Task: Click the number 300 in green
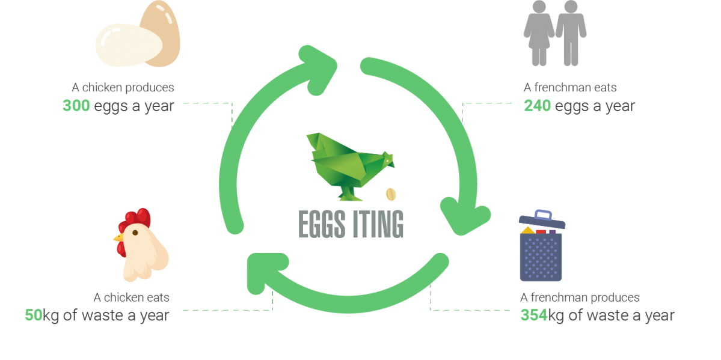tap(76, 106)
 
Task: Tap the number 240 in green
tap(537, 106)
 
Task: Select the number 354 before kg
tap(533, 316)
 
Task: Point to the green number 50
tap(33, 316)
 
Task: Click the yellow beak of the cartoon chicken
tap(118, 238)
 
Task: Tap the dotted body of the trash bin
tap(541, 257)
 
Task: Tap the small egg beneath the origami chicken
tap(391, 194)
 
